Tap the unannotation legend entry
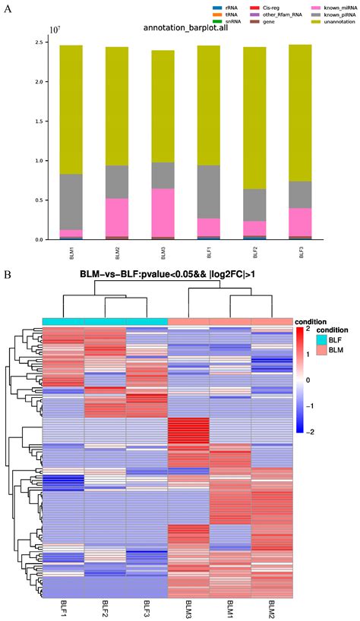point(319,22)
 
